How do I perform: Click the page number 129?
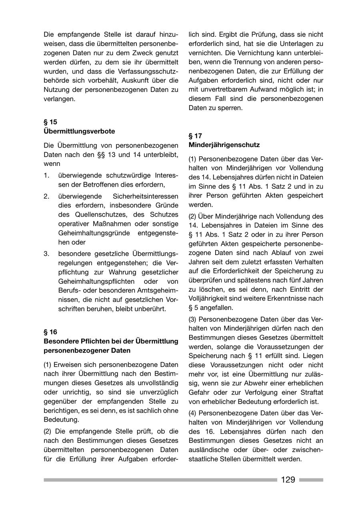pyautogui.click(x=288, y=480)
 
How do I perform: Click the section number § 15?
pyautogui.click(x=50, y=122)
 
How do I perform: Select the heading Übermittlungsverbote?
pyautogui.click(x=79, y=131)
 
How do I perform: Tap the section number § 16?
pyautogui.click(x=50, y=332)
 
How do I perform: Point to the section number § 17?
pyautogui.click(x=195, y=135)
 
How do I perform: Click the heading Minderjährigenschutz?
pyautogui.click(x=224, y=145)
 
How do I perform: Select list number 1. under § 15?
pyautogui.click(x=46, y=175)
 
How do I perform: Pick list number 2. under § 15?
pyautogui.click(x=46, y=196)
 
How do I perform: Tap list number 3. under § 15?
pyautogui.click(x=46, y=253)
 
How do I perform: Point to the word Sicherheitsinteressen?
pyautogui.click(x=146, y=196)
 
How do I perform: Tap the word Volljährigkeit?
pyautogui.click(x=212, y=298)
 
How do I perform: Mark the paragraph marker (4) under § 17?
pyautogui.click(x=192, y=413)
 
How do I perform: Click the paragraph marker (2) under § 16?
pyautogui.click(x=48, y=431)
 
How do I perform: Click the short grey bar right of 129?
pyautogui.click(x=311, y=480)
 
